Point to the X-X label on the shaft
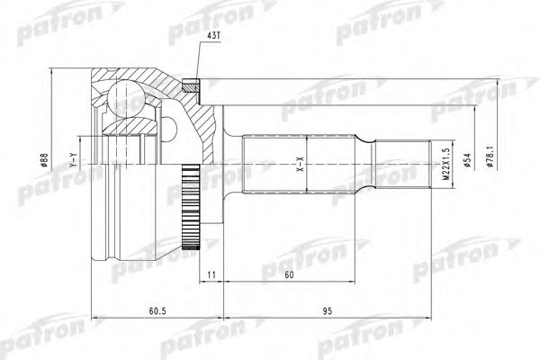[301, 164]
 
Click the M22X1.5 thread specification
[445, 164]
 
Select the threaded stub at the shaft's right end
[401, 164]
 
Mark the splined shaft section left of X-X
[270, 164]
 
